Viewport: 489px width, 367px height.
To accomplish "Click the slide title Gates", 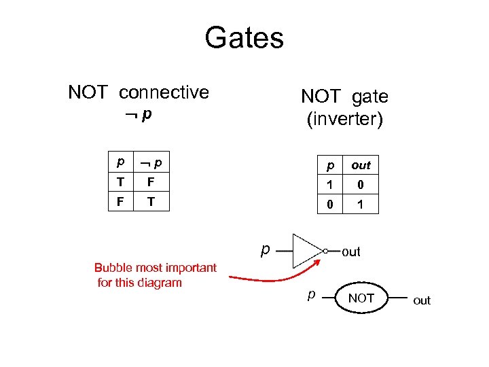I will tap(244, 37).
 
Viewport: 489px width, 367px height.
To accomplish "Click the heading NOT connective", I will tap(139, 92).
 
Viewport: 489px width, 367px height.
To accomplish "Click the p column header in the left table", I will tap(121, 163).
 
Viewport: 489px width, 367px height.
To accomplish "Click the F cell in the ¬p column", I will tap(151, 182).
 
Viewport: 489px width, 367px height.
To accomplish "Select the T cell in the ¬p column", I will tap(151, 202).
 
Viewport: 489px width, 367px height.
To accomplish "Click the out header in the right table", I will tap(361, 165).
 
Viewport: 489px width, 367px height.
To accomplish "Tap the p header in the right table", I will tap(331, 165).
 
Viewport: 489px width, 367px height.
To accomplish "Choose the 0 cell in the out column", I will tap(361, 185).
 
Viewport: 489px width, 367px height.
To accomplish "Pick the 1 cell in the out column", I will tap(361, 204).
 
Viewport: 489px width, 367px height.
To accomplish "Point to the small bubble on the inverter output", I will tap(325, 251).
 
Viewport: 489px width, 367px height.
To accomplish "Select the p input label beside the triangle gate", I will tap(267, 249).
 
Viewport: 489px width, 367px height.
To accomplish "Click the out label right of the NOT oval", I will tap(422, 300).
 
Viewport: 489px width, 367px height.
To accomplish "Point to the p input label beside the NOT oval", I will tap(311, 296).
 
